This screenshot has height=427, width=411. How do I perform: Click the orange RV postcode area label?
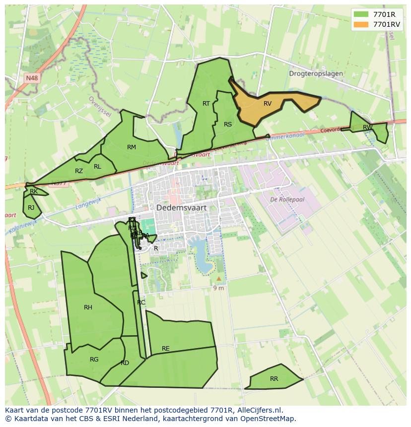pos(268,104)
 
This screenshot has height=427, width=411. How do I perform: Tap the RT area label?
pos(206,103)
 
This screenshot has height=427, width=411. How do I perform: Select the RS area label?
pos(228,124)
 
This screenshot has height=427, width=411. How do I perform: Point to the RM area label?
pos(132,147)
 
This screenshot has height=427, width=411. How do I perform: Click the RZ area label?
pos(79,171)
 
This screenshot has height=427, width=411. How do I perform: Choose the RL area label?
pos(97,167)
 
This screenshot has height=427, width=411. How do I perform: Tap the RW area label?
pos(367,127)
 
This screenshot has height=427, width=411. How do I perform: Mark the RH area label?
pos(88,307)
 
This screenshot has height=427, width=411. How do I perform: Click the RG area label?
pos(94,360)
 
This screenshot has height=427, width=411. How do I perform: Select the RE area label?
pos(166,349)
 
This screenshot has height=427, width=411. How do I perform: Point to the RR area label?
pos(274,379)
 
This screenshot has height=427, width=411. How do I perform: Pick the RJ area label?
pos(31,208)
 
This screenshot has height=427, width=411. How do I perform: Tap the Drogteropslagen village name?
pos(316,73)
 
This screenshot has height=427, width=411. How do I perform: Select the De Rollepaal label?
pos(287,199)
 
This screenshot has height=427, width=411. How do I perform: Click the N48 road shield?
pos(32,78)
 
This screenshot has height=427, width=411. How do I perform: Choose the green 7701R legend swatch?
pos(361,14)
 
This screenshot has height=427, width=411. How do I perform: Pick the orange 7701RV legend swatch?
pos(361,24)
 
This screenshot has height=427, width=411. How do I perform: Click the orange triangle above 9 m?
pos(218,279)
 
